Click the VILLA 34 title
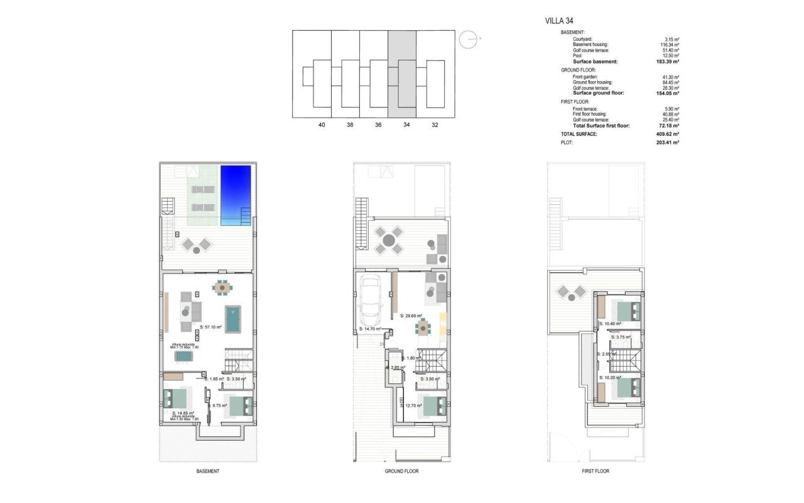(x=560, y=21)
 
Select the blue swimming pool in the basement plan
(x=236, y=194)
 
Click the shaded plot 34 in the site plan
(x=403, y=74)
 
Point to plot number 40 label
(x=322, y=125)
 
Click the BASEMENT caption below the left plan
(x=207, y=471)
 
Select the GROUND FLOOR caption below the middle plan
(x=401, y=471)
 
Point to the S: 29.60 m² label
(x=411, y=316)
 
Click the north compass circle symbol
(x=468, y=40)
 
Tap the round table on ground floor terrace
(x=388, y=240)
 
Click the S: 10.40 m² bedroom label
(x=610, y=324)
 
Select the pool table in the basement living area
(x=234, y=319)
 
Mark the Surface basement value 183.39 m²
(x=666, y=62)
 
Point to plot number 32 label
(x=435, y=125)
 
